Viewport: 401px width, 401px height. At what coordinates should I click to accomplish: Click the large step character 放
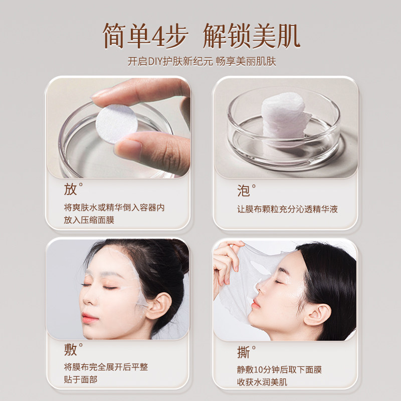pyautogui.click(x=70, y=189)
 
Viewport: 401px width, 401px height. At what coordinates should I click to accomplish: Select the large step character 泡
pyautogui.click(x=243, y=190)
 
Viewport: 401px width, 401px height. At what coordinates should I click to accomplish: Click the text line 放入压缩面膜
pyautogui.click(x=89, y=220)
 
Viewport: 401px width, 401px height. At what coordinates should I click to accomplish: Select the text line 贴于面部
pyautogui.click(x=81, y=379)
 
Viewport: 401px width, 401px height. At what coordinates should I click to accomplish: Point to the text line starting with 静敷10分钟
pyautogui.click(x=279, y=370)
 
